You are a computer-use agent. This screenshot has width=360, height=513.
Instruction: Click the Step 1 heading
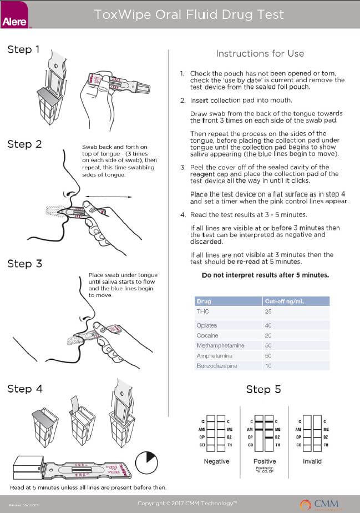point(23,49)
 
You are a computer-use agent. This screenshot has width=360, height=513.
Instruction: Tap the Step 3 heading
point(24,263)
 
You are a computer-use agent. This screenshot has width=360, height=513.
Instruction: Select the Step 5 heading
point(263,389)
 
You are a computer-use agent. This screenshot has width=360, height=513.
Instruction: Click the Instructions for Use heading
point(260,53)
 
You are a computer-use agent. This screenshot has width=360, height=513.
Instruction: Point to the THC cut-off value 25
point(268,311)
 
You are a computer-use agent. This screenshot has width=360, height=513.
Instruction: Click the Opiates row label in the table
point(207,325)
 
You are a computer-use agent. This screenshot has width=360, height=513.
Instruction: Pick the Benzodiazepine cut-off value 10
point(268,366)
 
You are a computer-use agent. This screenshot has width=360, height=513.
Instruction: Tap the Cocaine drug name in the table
point(207,335)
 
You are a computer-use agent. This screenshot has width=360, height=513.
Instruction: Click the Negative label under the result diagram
point(217,462)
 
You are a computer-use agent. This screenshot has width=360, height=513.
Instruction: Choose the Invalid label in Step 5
point(312,462)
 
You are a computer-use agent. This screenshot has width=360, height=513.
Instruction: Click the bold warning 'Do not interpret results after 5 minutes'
point(265,275)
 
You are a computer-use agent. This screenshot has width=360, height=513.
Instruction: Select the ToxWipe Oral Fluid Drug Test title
point(189,14)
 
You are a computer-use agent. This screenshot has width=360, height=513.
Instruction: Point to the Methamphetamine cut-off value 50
point(268,345)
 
